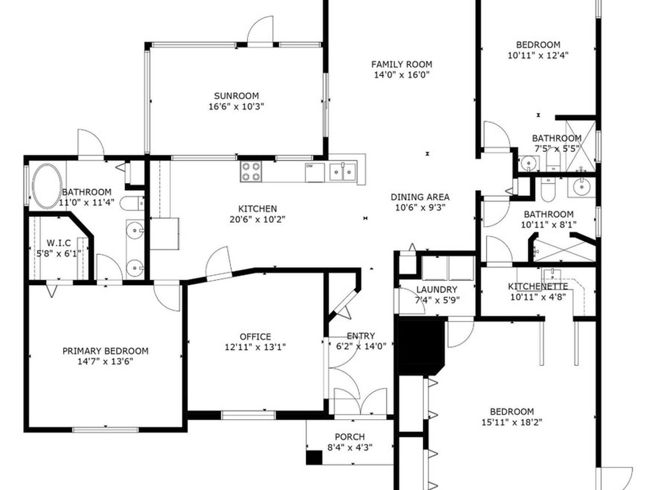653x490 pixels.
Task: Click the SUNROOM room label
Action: (236, 96)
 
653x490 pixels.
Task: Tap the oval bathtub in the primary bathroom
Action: (47, 186)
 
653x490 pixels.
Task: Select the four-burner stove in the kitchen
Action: (251, 171)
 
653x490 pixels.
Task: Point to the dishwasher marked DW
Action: (314, 172)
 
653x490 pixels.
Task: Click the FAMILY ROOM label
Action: (402, 64)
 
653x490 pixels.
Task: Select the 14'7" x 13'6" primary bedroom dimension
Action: (105, 361)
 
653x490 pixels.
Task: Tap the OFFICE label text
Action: (255, 337)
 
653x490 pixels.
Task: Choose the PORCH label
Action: (349, 437)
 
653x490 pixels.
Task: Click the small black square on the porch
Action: (314, 457)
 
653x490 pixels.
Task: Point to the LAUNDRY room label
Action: (437, 289)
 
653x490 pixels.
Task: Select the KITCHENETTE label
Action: (538, 286)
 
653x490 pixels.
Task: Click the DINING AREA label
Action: (420, 197)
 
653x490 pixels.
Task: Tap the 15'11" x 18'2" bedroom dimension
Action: (512, 422)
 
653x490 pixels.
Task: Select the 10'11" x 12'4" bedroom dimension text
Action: (538, 55)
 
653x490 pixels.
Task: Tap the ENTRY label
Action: (360, 336)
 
